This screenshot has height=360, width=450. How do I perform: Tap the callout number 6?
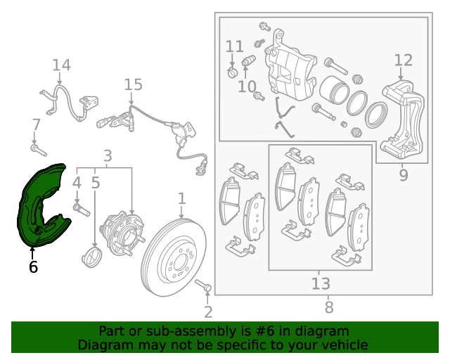pos(32,267)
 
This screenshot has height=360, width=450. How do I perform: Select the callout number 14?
pos(61,65)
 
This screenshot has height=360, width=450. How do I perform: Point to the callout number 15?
pos(133,85)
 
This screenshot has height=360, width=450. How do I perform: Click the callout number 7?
pos(37,125)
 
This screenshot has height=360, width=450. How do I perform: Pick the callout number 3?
pos(108,155)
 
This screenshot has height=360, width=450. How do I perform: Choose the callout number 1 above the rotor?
pos(181,198)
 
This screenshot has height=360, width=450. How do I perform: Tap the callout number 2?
pos(208,311)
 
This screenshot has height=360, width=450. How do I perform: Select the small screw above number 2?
pos(203,285)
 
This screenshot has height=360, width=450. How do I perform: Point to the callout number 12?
pos(403,60)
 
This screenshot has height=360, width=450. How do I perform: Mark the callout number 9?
pos(403,175)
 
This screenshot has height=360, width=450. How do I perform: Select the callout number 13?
pos(321,283)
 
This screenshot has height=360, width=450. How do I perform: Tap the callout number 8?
pos(329,307)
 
